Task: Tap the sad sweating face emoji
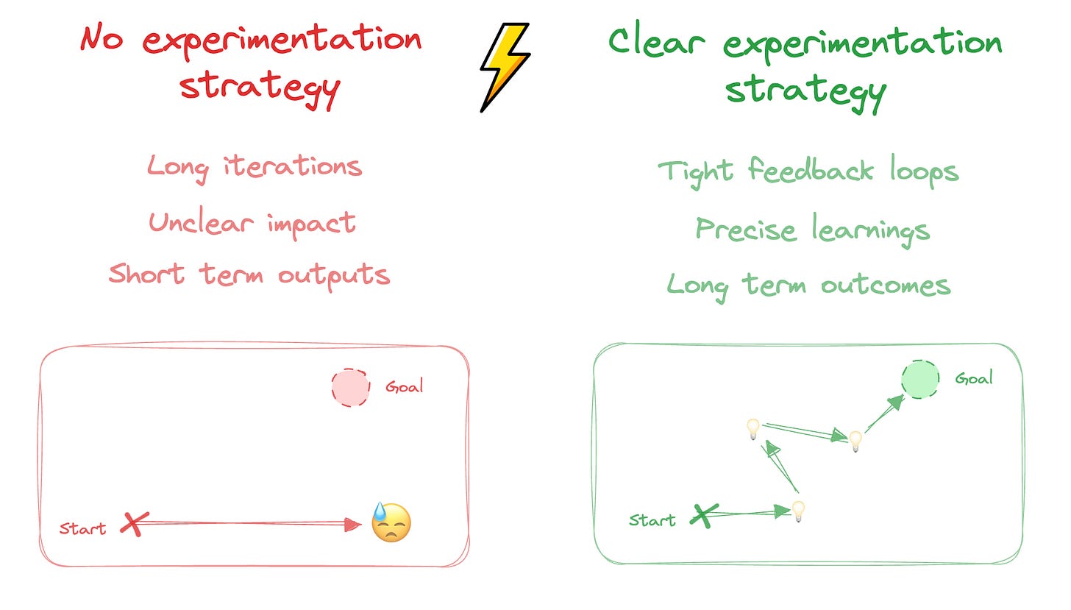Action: pos(391,523)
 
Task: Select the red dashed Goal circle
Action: pos(350,388)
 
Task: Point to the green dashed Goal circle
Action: pos(920,380)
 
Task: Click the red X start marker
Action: pos(132,524)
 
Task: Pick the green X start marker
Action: pos(704,515)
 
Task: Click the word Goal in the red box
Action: pos(404,386)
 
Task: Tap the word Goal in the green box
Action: pos(973,379)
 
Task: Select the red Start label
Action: pos(82,528)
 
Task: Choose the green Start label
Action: pos(652,520)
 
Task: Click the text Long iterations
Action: pos(255,167)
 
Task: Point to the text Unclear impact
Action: pos(252,222)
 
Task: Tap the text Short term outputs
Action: pos(249,274)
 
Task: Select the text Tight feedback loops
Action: pos(808,171)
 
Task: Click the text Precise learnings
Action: pos(812,230)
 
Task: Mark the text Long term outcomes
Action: pos(808,284)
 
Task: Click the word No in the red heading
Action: pos(102,38)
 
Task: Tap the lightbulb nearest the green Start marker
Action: pos(797,510)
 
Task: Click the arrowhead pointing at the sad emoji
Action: pos(355,524)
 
